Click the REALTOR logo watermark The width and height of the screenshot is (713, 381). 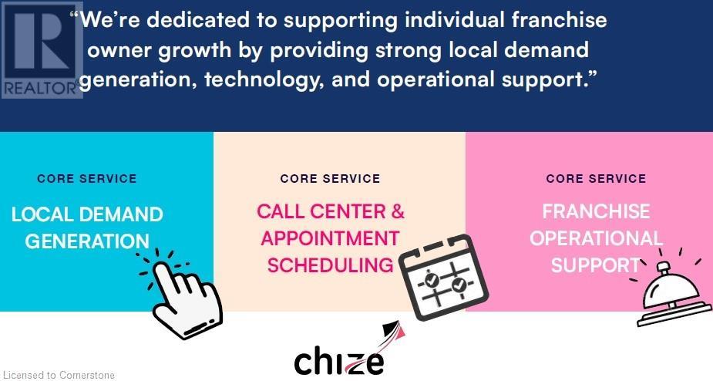pyautogui.click(x=41, y=49)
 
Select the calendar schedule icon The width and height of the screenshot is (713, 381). pyautogui.click(x=443, y=277)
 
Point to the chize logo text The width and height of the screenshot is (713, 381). pyautogui.click(x=338, y=362)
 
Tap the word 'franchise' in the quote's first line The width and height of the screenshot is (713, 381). pyautogui.click(x=559, y=20)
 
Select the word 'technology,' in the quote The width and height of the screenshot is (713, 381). pyautogui.click(x=264, y=80)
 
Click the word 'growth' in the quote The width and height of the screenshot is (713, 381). pyautogui.click(x=194, y=51)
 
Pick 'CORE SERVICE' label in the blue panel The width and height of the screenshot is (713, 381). pyautogui.click(x=87, y=178)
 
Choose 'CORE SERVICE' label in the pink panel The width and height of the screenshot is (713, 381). pyautogui.click(x=596, y=178)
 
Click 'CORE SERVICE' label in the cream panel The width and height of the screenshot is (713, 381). pyautogui.click(x=330, y=178)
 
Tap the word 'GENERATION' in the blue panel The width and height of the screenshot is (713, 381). pyautogui.click(x=87, y=241)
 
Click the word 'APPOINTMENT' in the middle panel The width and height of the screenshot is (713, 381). pyautogui.click(x=330, y=238)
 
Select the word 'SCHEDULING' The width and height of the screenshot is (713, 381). pyautogui.click(x=330, y=265)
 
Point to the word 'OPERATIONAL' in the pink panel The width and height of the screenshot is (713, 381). pyautogui.click(x=596, y=238)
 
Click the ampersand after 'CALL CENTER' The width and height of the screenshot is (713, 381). pyautogui.click(x=397, y=211)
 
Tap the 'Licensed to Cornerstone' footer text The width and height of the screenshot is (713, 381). pyautogui.click(x=59, y=376)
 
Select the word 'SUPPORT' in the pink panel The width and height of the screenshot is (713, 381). pyautogui.click(x=596, y=265)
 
